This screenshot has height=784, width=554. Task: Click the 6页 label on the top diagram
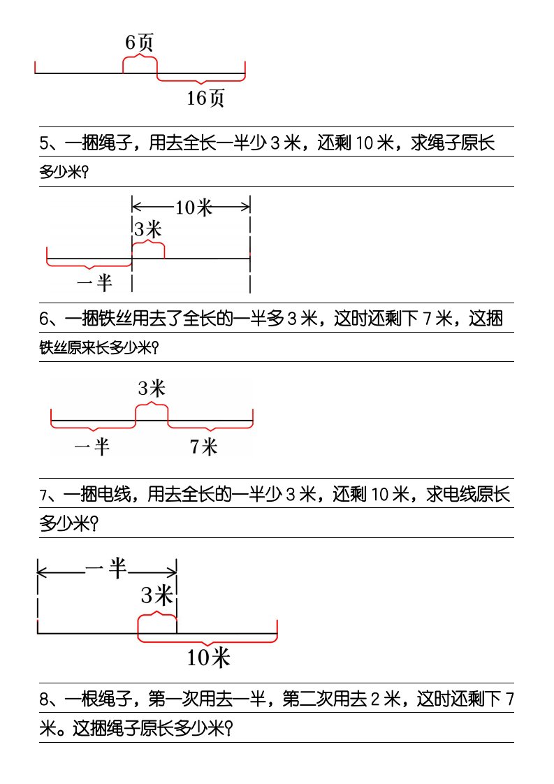(139, 43)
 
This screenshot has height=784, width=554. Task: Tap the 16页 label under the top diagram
(205, 98)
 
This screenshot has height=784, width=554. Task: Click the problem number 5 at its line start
(44, 143)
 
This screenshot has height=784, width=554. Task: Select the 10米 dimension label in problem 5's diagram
(194, 207)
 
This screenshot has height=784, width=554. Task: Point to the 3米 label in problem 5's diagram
(148, 229)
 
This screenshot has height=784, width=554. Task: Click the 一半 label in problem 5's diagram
(94, 283)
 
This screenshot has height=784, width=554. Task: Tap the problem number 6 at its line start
(44, 319)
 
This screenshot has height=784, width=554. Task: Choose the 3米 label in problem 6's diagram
(152, 388)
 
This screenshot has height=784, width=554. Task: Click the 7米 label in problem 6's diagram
(203, 447)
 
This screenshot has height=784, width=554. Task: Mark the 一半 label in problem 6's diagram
(92, 446)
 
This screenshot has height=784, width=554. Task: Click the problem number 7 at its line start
(43, 495)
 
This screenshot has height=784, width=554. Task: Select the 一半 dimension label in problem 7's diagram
(106, 569)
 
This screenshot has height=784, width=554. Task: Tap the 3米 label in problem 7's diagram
(157, 595)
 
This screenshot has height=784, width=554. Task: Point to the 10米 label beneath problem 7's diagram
(208, 657)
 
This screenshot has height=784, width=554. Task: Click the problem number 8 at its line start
(44, 699)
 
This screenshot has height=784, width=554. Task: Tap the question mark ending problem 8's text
(229, 729)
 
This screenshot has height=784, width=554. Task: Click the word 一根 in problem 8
(82, 699)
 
